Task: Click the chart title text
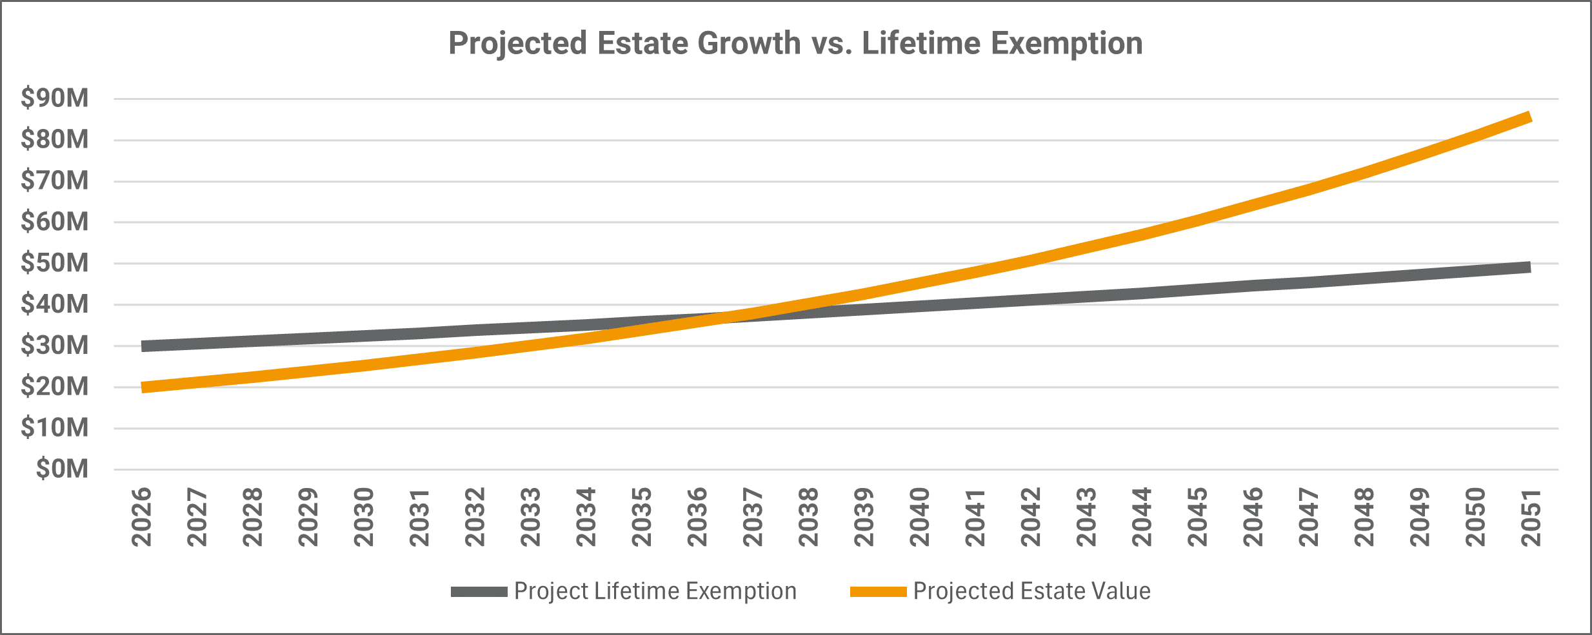(795, 44)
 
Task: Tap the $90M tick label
(55, 98)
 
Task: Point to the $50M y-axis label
(55, 263)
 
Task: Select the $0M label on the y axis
(62, 469)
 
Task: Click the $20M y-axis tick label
(55, 387)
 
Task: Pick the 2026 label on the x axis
(142, 517)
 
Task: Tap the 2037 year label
(753, 517)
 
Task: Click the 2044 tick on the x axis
(1142, 517)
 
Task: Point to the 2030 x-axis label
(364, 517)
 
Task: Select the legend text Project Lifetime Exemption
(655, 591)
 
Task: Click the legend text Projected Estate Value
(1031, 591)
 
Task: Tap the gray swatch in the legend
(479, 592)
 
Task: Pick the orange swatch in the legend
(878, 592)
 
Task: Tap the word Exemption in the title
(1066, 44)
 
